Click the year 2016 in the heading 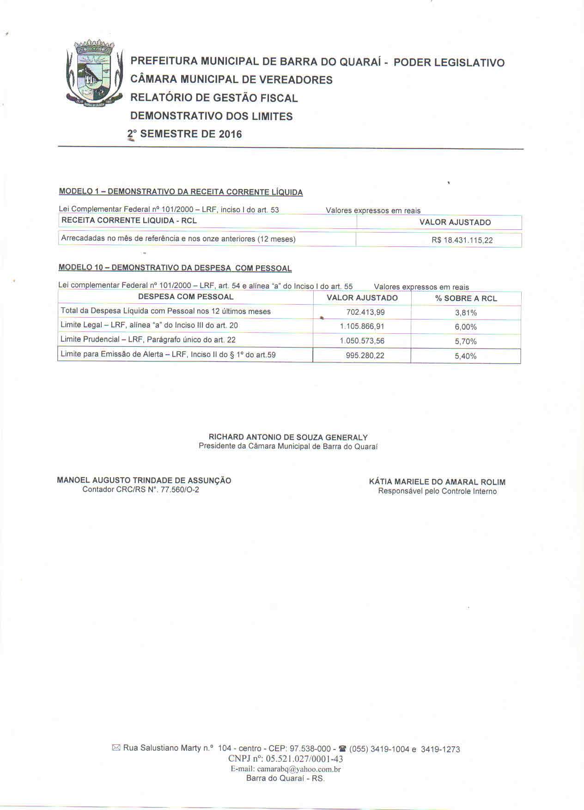(230, 134)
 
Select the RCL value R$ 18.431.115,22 (462, 240)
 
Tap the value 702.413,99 (365, 313)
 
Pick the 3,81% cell (466, 313)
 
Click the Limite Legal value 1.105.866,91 (362, 327)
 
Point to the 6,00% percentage (466, 327)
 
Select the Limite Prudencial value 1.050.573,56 (362, 341)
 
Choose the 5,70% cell (466, 342)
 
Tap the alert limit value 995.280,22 (365, 356)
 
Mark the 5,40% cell (466, 356)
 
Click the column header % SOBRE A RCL (466, 299)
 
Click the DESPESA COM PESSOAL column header (186, 297)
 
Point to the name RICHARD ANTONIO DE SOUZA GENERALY (288, 437)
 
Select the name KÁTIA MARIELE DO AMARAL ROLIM (437, 482)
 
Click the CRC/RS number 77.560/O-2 (179, 490)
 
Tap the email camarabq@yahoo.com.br (299, 769)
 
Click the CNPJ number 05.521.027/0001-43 (304, 759)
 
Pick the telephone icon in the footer (342, 749)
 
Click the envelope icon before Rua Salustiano (116, 748)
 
